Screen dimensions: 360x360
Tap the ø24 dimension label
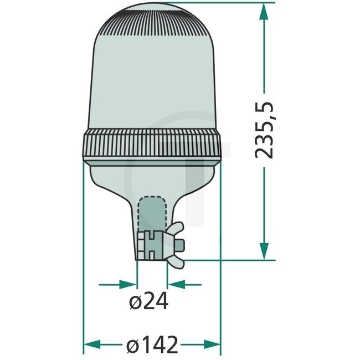click(147, 302)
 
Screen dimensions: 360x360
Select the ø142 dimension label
click(152, 345)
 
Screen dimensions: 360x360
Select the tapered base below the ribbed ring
click(152, 177)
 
